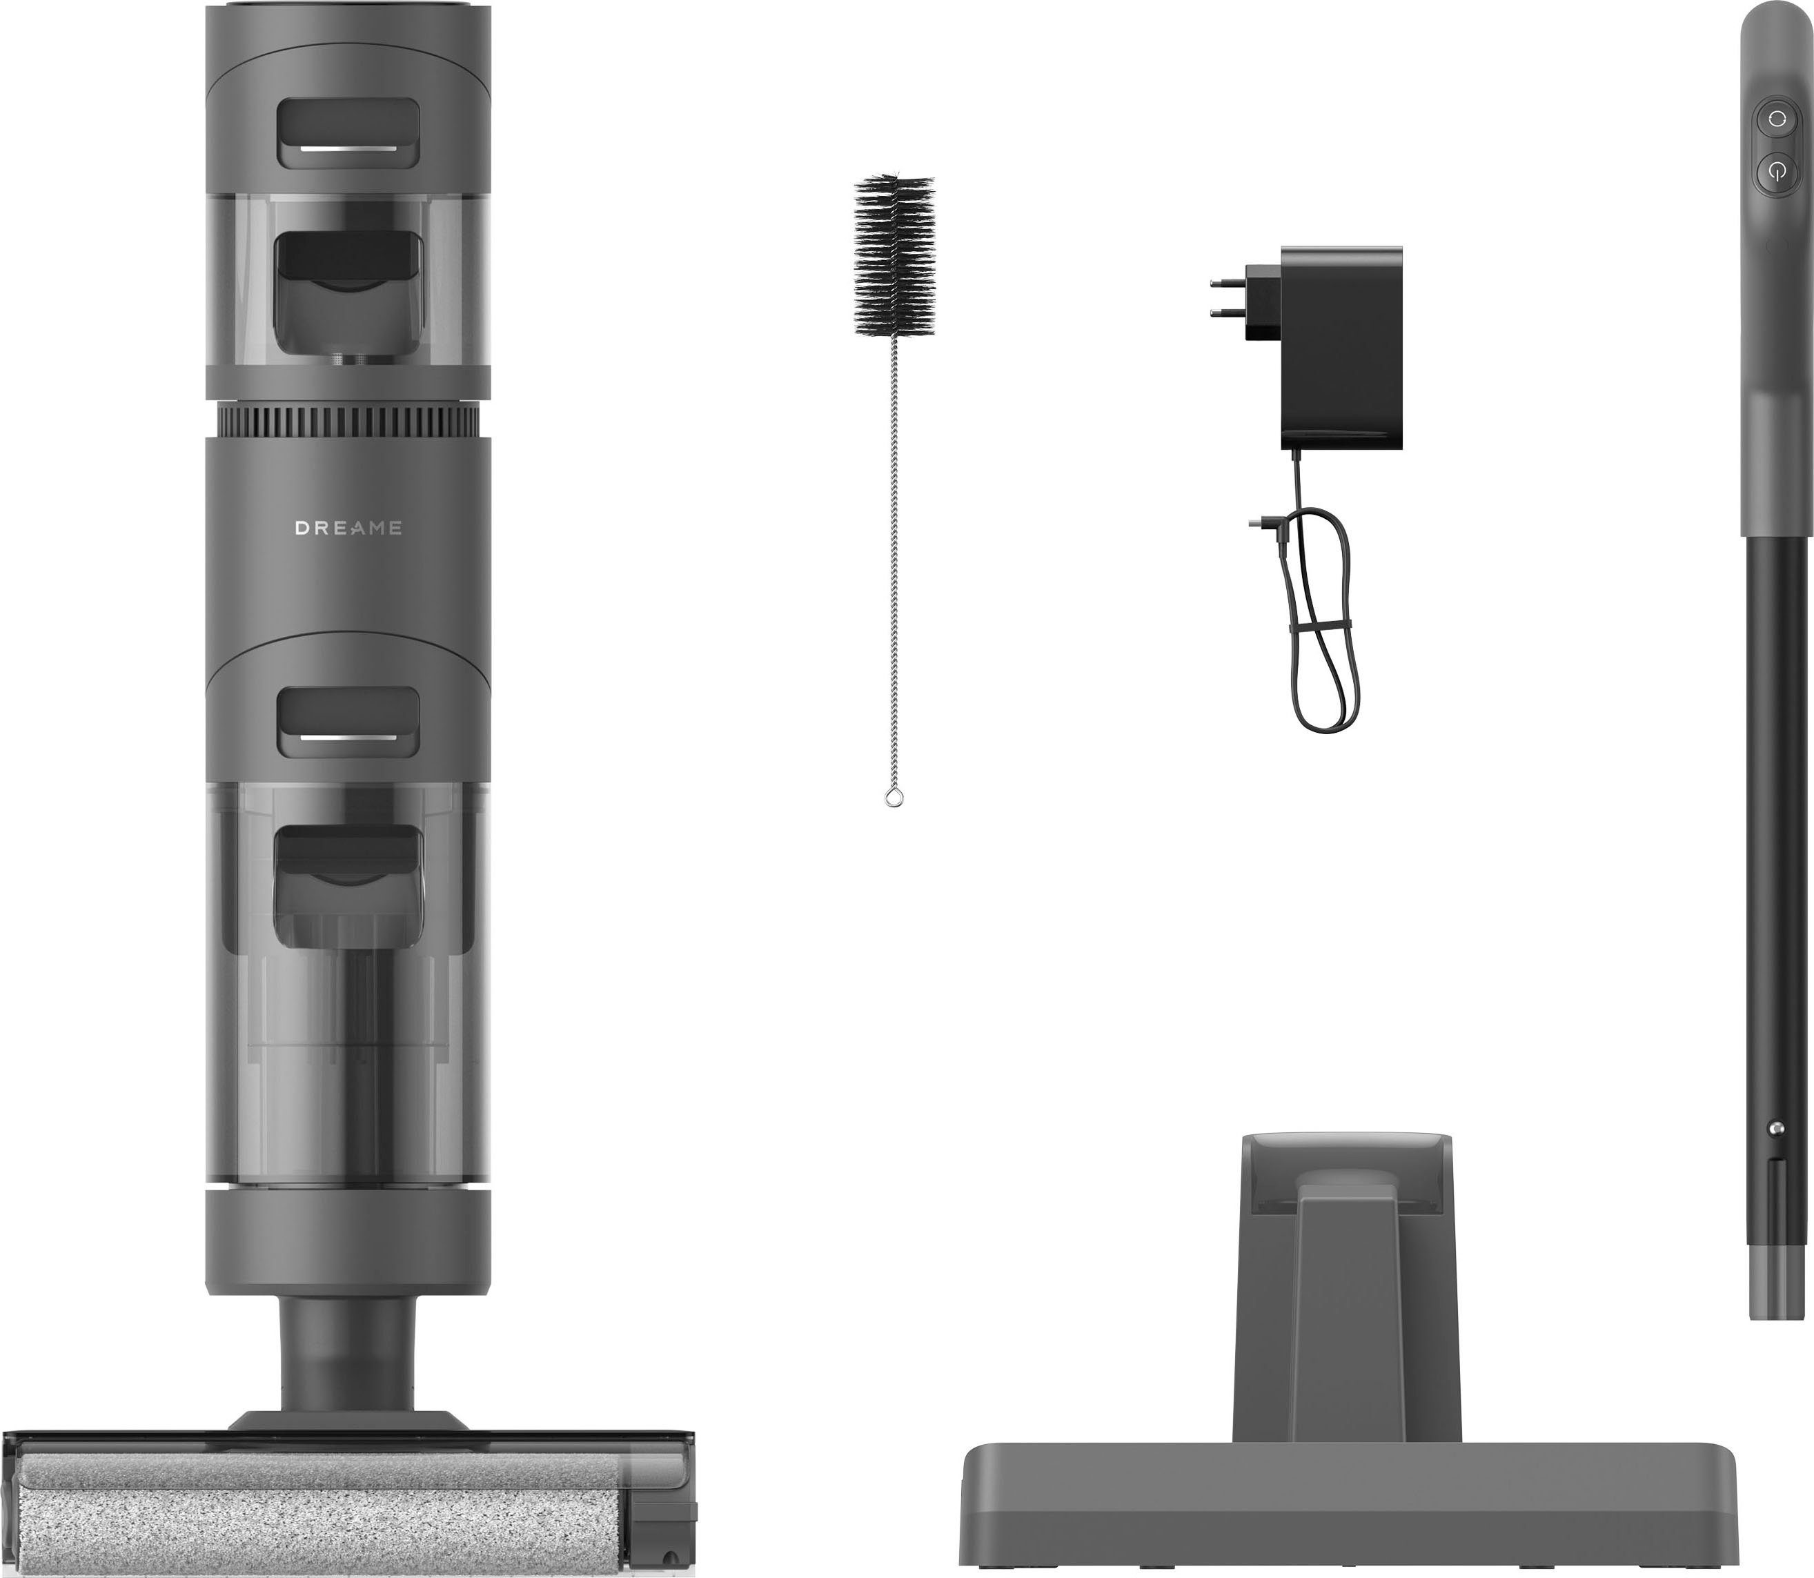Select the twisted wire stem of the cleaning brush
tap(894, 546)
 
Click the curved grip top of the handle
tap(1773, 53)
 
